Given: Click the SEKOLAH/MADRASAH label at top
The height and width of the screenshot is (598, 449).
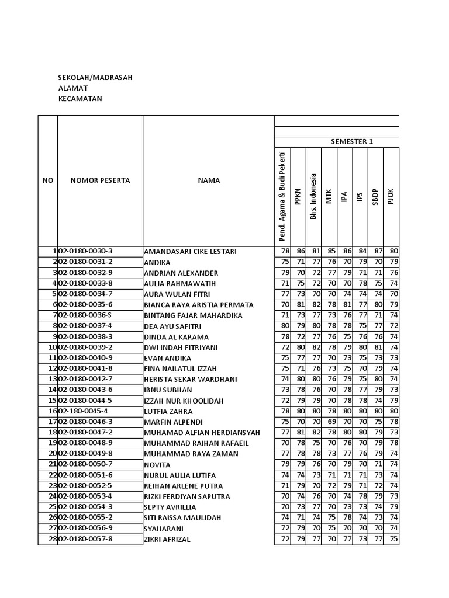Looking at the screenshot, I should [x=95, y=77].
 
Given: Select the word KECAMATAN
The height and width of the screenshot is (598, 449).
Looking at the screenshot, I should [x=80, y=99].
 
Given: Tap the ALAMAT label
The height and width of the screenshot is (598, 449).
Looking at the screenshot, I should [x=73, y=88].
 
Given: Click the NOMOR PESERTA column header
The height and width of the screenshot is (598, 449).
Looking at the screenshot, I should [x=100, y=180].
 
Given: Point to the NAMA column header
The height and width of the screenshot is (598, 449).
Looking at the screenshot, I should [x=209, y=180].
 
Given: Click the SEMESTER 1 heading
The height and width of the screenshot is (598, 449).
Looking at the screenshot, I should [x=351, y=141].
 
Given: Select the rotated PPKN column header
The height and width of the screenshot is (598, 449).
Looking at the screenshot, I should [x=298, y=196].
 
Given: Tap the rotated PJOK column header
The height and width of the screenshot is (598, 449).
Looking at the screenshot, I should [x=391, y=196].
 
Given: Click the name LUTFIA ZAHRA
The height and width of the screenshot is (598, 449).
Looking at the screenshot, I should [x=168, y=412].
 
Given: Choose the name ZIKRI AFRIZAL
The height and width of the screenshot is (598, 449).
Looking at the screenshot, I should [x=167, y=540].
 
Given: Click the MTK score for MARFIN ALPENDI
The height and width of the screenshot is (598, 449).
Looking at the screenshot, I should [x=330, y=422].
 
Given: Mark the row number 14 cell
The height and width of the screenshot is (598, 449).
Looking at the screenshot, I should [x=52, y=390].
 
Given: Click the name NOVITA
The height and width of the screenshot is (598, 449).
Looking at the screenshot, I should [x=157, y=465].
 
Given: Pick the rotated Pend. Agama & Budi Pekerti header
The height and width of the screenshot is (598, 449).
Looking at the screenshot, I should [x=283, y=196].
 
